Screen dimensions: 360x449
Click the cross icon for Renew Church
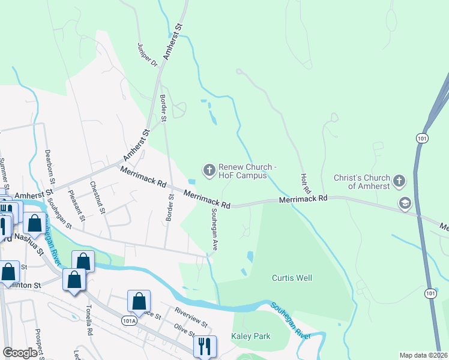(x=209, y=171)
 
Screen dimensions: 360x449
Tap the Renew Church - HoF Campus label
(x=247, y=171)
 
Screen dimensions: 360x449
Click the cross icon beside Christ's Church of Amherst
(x=400, y=181)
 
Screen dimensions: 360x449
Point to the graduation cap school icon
(x=405, y=204)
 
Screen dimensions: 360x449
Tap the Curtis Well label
(x=292, y=278)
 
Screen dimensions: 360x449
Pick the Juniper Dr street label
(x=146, y=54)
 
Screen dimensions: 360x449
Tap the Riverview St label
(x=190, y=317)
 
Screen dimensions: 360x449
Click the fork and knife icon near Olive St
(x=204, y=346)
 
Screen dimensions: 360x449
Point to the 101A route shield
(x=128, y=321)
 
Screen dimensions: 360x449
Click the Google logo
(x=20, y=353)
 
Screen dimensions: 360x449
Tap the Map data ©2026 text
(x=424, y=355)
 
